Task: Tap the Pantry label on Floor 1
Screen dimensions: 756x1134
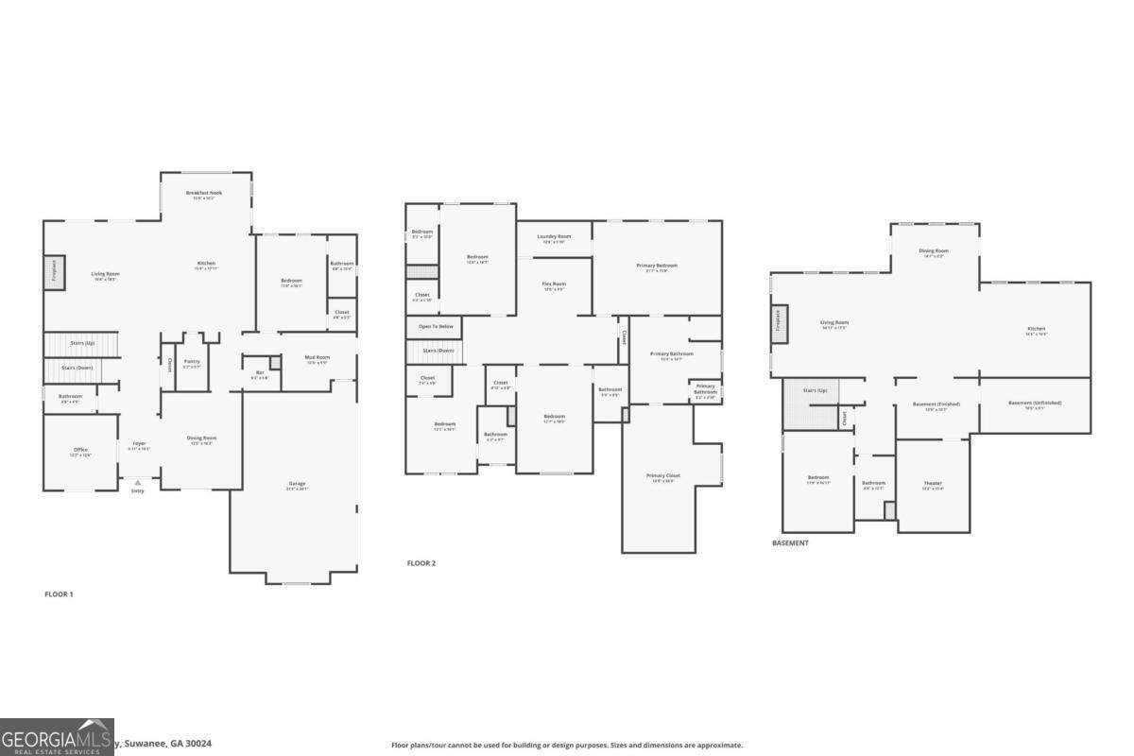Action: [x=192, y=361]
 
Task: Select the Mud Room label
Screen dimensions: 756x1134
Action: [x=317, y=357]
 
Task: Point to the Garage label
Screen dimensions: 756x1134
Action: [x=297, y=484]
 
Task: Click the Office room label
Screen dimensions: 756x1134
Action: [x=80, y=450]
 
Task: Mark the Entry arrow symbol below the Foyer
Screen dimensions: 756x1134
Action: [x=138, y=482]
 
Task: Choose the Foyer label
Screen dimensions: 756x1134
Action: [x=139, y=443]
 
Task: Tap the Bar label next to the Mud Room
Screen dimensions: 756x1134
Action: [x=259, y=372]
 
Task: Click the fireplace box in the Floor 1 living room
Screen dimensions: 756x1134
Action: [x=53, y=273]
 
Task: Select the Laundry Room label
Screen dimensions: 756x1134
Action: [x=554, y=236]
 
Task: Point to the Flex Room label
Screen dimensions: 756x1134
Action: [x=553, y=283]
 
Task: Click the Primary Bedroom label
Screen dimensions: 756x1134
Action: [x=657, y=266]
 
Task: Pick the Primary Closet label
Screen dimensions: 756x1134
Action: [x=662, y=475]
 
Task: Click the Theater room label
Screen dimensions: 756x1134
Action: [x=933, y=483]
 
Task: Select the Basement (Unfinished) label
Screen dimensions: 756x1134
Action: [x=1035, y=403]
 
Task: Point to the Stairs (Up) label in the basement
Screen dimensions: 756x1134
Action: [x=815, y=389]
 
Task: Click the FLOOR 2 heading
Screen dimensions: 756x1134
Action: [x=421, y=563]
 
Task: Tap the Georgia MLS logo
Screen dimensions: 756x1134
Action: [x=57, y=737]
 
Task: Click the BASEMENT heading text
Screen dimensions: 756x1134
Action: [x=790, y=543]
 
